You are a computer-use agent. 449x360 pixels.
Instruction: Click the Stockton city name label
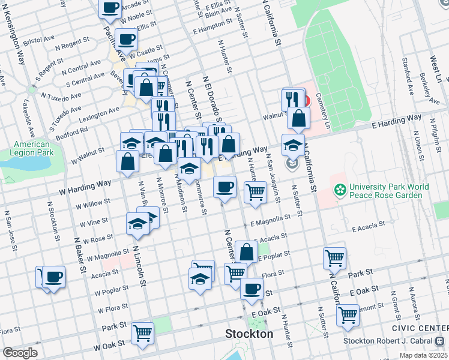coord(249,334)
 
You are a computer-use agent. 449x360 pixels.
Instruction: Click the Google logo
coord(20,353)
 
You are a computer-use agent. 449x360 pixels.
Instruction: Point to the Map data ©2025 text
coord(423,355)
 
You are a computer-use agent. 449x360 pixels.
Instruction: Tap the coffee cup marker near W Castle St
coord(126,39)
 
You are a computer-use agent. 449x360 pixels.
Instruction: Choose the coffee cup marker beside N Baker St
coord(53,277)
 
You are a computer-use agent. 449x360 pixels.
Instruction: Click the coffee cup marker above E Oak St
coord(252,288)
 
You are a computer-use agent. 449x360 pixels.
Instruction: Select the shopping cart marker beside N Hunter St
coord(256,192)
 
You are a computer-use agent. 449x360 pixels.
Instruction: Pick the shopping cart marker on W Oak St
coord(142,332)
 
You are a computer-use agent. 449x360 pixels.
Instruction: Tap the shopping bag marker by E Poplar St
coord(246,251)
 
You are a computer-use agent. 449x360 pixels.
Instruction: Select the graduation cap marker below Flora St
coord(200,278)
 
